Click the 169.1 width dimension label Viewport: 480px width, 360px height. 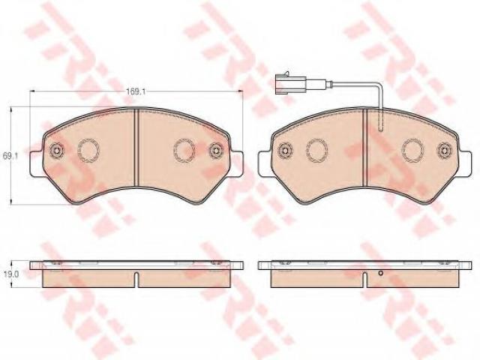(136, 91)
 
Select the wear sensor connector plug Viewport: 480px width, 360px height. (289, 82)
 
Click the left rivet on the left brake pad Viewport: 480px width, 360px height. (57, 150)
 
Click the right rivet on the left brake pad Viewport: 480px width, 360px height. (216, 151)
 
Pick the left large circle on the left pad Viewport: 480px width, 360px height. (88, 150)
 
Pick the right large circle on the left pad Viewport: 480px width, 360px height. (184, 150)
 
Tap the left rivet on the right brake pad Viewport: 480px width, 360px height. (285, 150)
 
